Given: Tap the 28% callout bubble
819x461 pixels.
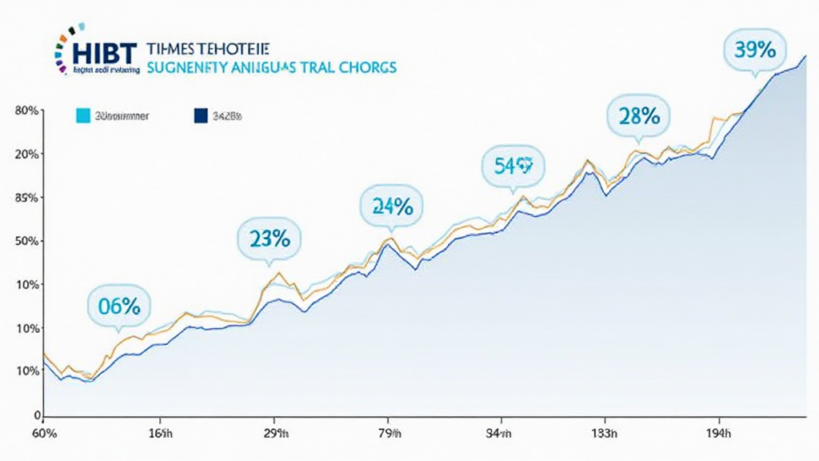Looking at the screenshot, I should point(639,116).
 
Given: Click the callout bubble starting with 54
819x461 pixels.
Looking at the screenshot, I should point(513,166).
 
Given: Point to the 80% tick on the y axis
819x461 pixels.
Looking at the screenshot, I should point(26,111).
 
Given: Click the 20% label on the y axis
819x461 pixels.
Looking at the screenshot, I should point(26,154).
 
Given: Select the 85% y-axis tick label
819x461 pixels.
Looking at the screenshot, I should point(26,198).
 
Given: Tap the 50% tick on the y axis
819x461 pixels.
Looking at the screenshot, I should point(26,242).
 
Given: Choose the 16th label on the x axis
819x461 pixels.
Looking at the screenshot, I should point(162,434).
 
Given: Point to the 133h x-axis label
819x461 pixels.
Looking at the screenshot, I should point(604,434).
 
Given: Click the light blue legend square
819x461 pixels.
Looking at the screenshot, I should point(82,116).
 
